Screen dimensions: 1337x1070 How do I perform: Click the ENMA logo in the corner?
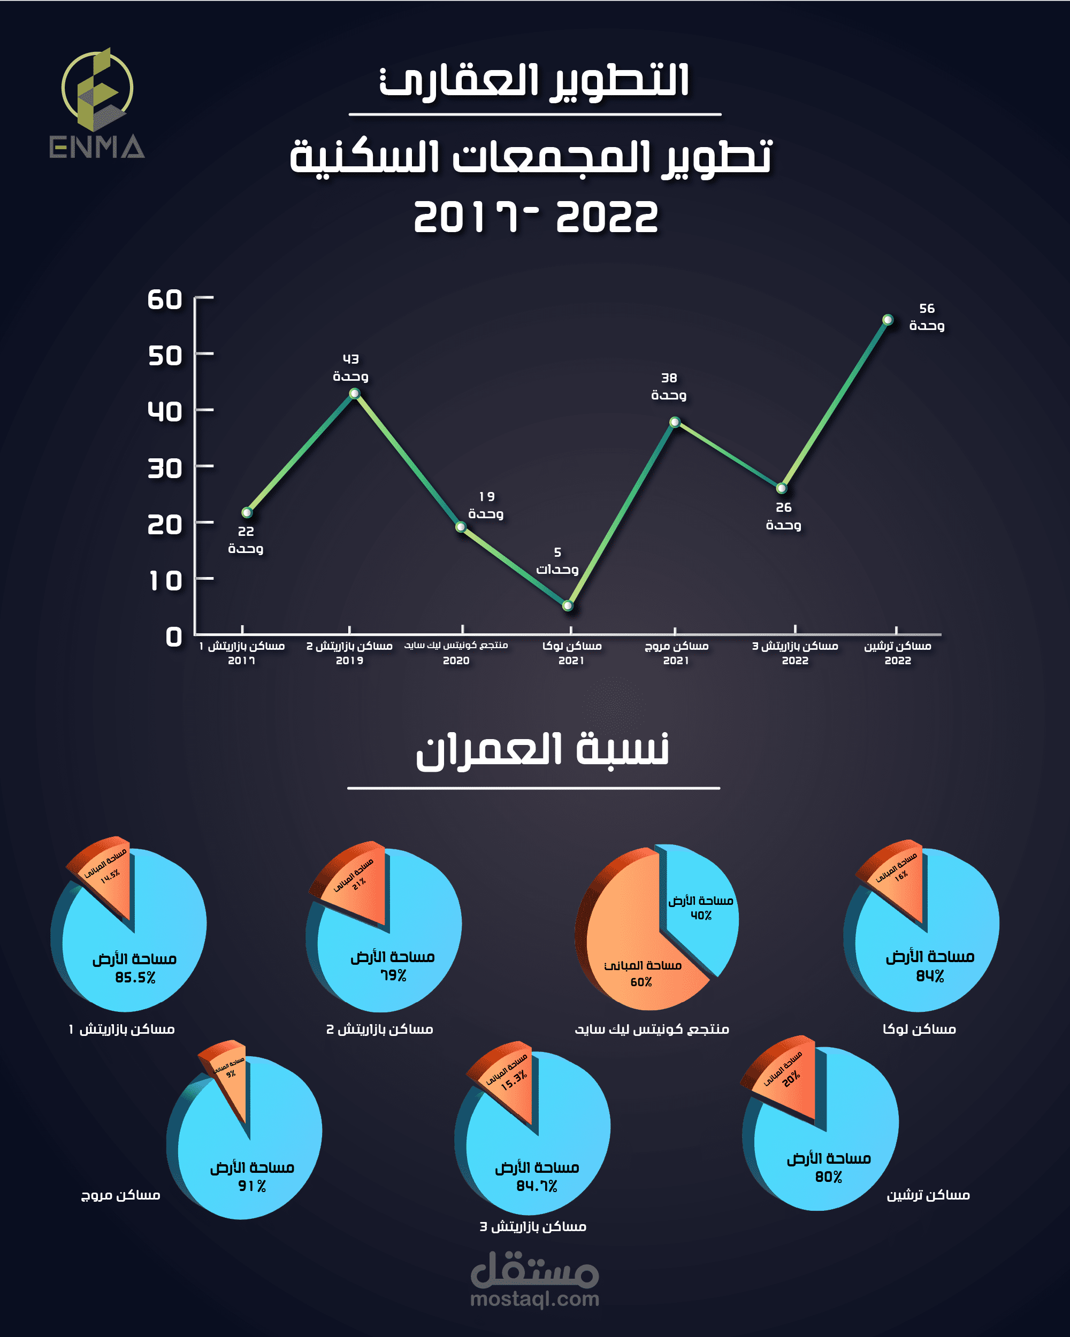97,104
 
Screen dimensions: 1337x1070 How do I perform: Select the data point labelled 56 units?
888,320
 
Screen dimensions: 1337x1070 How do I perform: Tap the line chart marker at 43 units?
354,393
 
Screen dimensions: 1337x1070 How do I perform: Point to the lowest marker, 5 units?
568,605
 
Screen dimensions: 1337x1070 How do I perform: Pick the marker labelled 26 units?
782,488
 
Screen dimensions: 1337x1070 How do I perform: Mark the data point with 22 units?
247,512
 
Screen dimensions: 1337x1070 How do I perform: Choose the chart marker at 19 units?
461,526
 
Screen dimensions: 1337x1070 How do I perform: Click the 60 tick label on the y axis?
164,300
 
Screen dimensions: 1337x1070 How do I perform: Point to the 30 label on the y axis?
164,469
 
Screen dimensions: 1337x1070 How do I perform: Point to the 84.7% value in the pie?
537,1186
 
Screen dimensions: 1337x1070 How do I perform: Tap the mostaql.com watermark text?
534,1298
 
